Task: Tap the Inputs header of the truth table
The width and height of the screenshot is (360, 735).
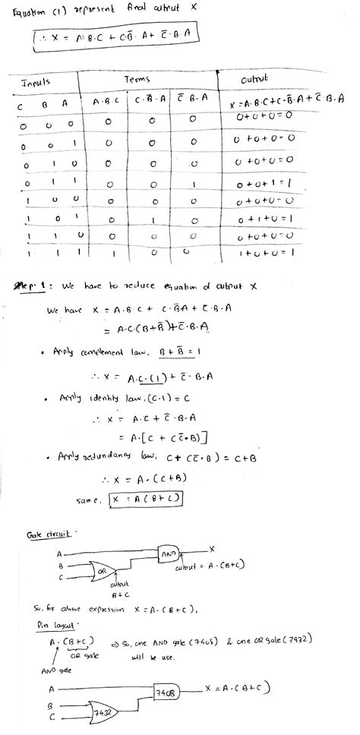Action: point(36,81)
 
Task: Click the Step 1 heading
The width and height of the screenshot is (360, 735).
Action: point(33,286)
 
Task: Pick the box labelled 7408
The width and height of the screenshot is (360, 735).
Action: point(167,692)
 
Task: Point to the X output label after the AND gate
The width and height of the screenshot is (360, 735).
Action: point(213,548)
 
